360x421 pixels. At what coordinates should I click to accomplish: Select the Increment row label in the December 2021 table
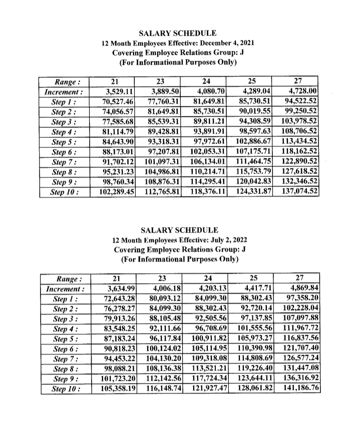[x=64, y=91]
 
